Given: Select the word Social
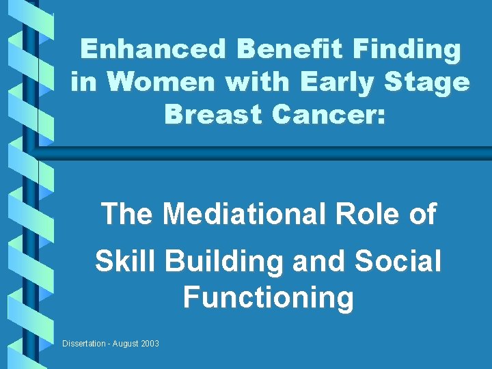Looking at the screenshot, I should (x=399, y=262).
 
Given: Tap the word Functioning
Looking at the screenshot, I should (x=269, y=298).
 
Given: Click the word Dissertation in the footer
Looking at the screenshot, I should (x=83, y=343).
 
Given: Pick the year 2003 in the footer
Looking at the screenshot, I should (x=149, y=343).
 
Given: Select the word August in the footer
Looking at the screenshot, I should (x=124, y=343).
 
